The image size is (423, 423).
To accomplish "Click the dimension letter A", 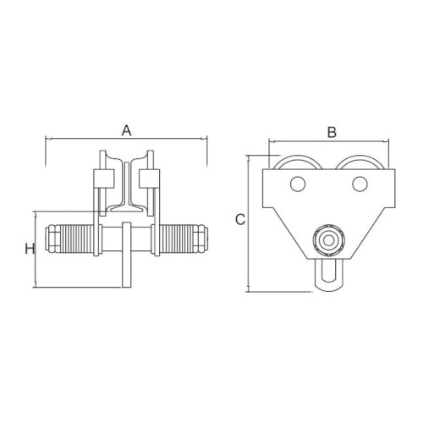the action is pyautogui.click(x=127, y=130).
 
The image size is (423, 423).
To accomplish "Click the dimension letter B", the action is pyautogui.click(x=332, y=132).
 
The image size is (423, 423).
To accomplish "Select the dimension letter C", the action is pyautogui.click(x=240, y=220).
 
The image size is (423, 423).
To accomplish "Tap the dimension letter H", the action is pyautogui.click(x=30, y=249).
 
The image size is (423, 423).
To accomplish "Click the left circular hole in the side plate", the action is pyautogui.click(x=298, y=184).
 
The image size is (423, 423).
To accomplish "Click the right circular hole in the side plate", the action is pyautogui.click(x=360, y=184).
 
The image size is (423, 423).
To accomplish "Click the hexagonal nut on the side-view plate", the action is pyautogui.click(x=328, y=240).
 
